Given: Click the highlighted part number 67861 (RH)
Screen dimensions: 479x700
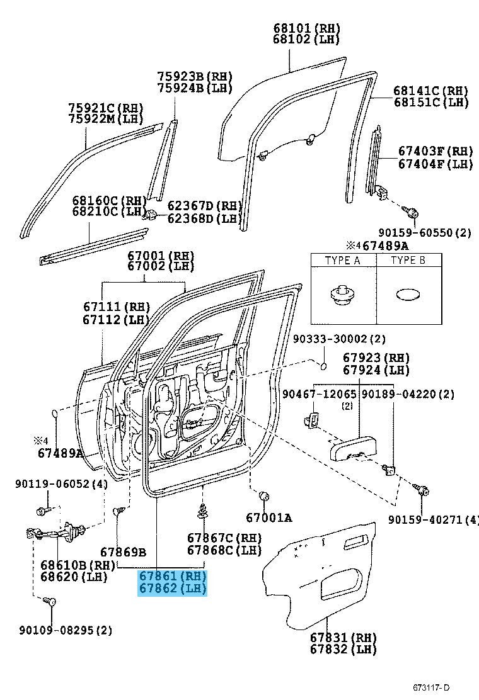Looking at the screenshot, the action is point(173,575).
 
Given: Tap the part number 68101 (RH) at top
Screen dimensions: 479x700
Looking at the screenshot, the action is point(307,28).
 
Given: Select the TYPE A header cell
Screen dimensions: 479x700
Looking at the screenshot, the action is point(343,260).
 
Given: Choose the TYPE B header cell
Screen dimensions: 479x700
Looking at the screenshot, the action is point(409,260).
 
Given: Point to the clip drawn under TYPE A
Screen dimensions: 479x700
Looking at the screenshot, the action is point(343,295).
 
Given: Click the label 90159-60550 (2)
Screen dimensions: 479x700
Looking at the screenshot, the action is point(425,232).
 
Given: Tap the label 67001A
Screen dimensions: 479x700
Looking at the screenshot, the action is point(269,517).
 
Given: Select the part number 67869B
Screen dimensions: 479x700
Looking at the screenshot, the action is point(124,552).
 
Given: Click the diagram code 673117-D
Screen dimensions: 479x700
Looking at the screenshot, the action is point(430,688).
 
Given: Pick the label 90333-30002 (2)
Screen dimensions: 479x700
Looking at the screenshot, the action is point(339,339).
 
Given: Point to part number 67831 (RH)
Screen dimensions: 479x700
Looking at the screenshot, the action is point(343,637).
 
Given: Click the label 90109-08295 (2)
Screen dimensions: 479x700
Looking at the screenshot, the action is point(66,630).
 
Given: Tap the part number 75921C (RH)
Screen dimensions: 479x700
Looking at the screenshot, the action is point(106,108).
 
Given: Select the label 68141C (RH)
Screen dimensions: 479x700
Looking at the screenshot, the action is point(431,90).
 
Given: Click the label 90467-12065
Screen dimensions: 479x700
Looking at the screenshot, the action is point(320,394).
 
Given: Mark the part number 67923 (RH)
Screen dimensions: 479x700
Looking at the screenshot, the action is point(376,358).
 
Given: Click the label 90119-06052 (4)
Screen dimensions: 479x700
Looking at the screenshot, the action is point(61,483).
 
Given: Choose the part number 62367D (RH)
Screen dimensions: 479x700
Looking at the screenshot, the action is point(205,206).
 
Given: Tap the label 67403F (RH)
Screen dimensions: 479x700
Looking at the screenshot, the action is point(436,151).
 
